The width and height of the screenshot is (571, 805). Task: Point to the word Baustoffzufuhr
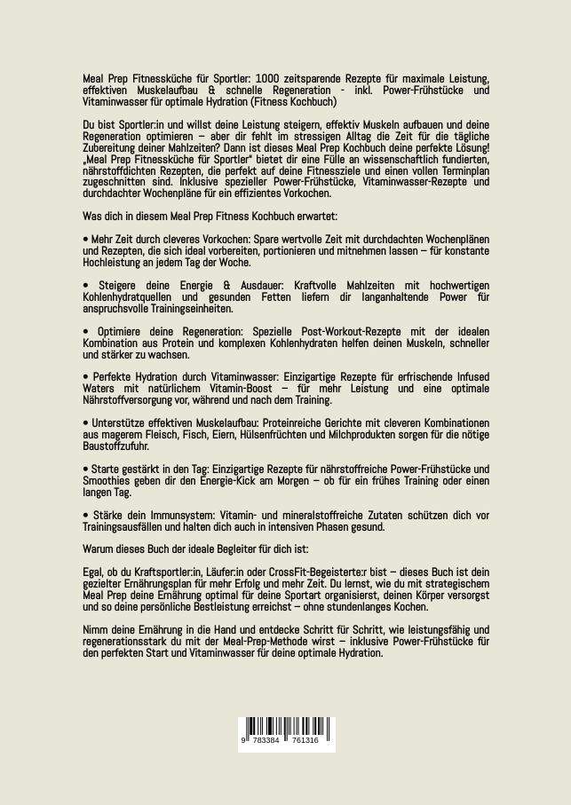[x=115, y=446]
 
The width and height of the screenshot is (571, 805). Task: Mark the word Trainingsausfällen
[x=123, y=526]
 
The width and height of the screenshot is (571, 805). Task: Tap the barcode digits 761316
[x=305, y=740]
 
